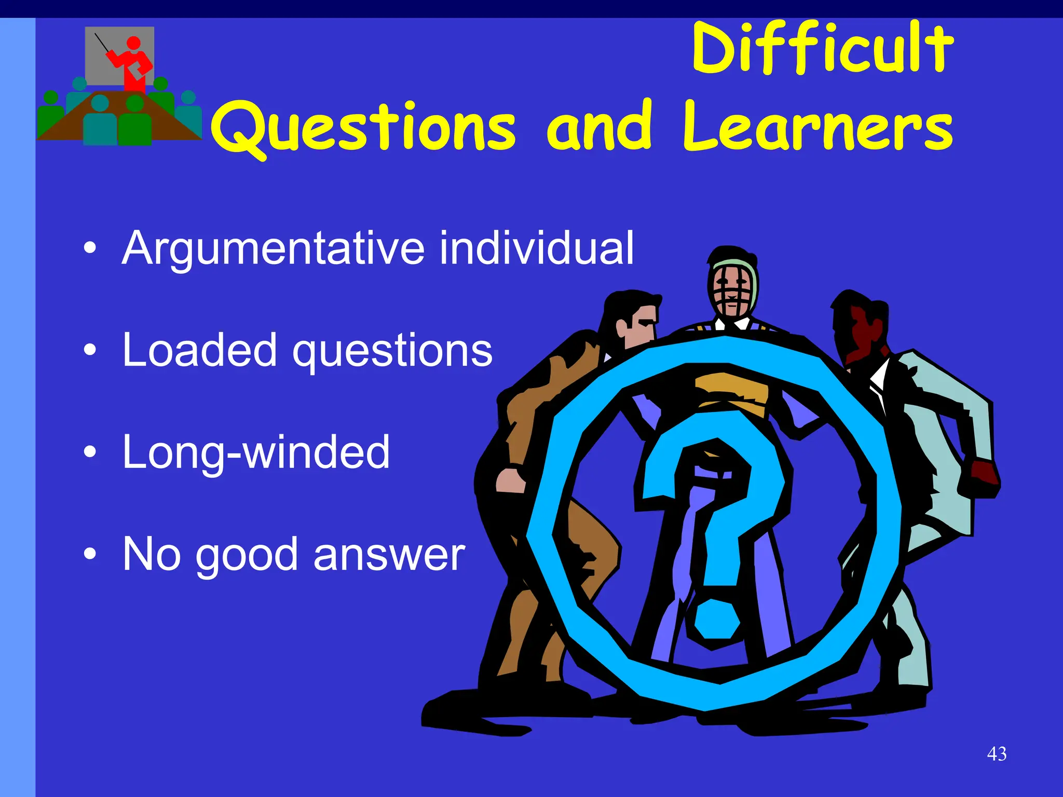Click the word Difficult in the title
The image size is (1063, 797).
click(x=823, y=49)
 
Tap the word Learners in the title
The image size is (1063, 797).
click(x=818, y=127)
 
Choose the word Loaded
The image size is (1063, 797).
click(x=199, y=350)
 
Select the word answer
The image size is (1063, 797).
click(x=389, y=555)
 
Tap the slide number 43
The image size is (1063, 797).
click(x=997, y=754)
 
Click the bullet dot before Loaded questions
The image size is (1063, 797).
click(x=90, y=350)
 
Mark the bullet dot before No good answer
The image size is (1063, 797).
click(x=90, y=554)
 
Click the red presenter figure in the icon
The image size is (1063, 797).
click(x=133, y=62)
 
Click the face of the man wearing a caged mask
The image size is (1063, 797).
click(x=732, y=291)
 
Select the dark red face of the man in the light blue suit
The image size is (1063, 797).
click(x=862, y=332)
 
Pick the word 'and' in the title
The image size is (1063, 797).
click(x=599, y=127)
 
